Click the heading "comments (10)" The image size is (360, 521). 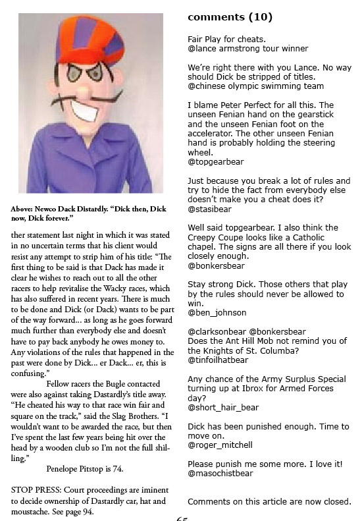(x=230, y=16)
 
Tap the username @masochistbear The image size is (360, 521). (x=224, y=474)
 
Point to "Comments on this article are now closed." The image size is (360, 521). (x=269, y=501)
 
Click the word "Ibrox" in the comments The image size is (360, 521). (x=288, y=398)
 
